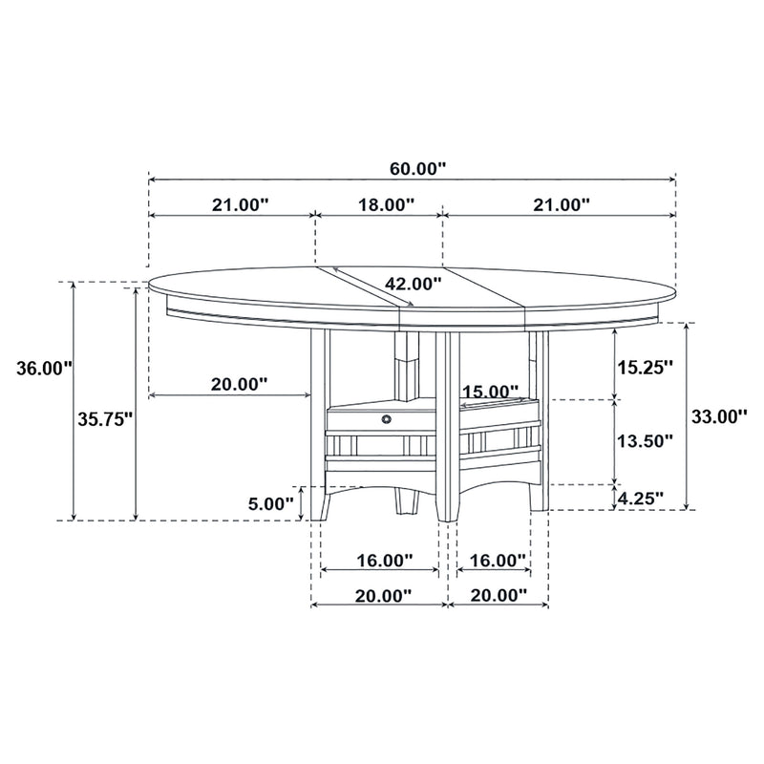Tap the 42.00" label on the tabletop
point(413,283)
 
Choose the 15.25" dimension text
point(645,367)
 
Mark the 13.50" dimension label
point(645,440)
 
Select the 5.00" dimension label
point(269,502)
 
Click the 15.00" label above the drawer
point(490,392)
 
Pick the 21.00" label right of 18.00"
point(560,204)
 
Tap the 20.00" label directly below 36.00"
point(238,384)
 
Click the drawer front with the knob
point(363,418)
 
